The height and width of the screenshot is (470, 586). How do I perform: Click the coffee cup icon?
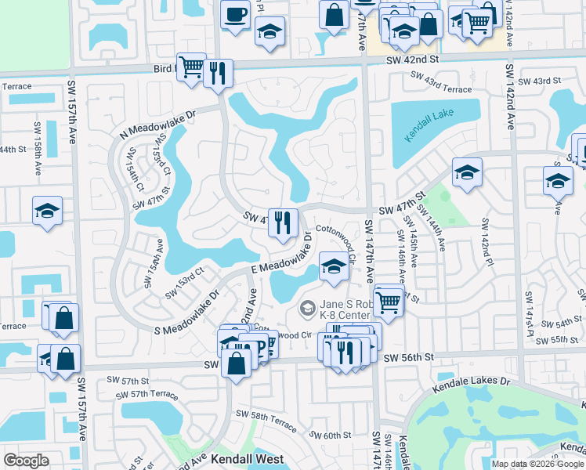click(x=235, y=13)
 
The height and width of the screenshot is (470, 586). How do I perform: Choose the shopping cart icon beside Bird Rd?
click(x=190, y=67)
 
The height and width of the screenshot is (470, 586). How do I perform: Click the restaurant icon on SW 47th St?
click(x=282, y=222)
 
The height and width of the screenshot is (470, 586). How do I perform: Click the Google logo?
click(x=26, y=461)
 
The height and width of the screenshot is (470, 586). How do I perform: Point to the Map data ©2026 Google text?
click(x=537, y=464)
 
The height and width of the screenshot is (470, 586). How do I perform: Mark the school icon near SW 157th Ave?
click(x=47, y=211)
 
